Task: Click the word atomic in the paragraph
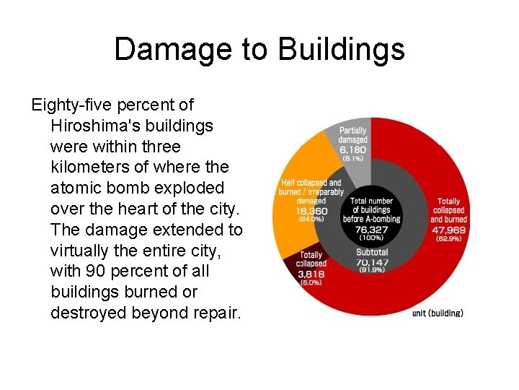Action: (76, 188)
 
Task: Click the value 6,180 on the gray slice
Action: (353, 149)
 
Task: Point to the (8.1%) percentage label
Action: (353, 158)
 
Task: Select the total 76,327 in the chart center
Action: (372, 228)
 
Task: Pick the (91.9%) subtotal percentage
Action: (372, 270)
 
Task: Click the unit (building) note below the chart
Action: (438, 313)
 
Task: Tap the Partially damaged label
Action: (353, 135)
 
